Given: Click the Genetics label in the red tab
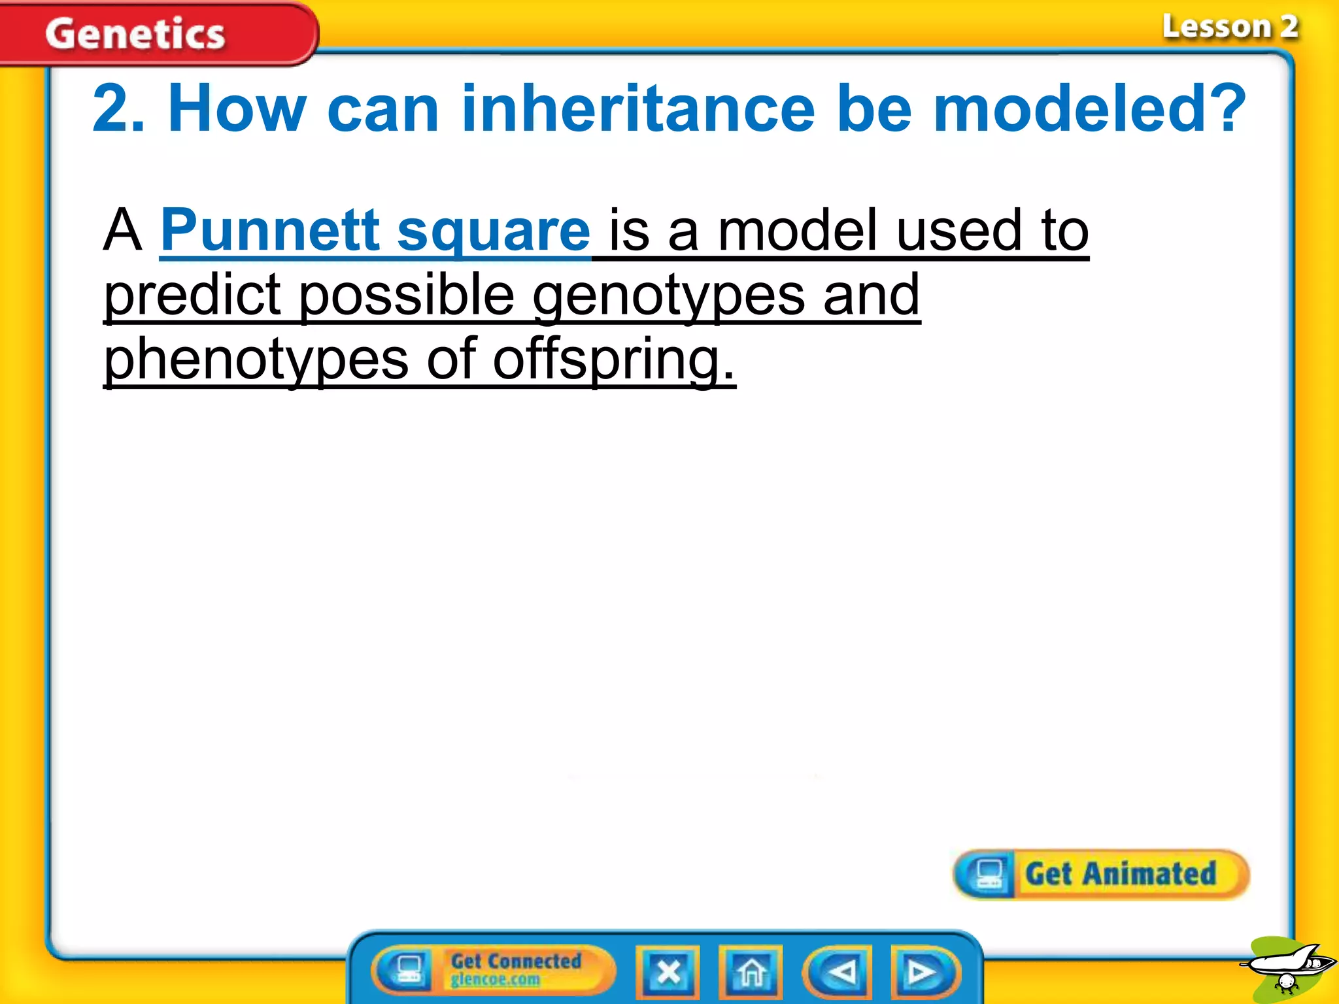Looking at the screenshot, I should point(135,34).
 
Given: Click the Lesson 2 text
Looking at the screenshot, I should point(1229,27).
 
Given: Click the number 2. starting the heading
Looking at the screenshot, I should point(118,109).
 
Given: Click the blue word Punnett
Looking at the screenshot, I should point(269,230).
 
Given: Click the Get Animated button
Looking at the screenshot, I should point(1119,874).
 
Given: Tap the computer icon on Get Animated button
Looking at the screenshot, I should point(988,874).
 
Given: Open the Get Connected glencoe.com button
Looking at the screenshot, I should point(494,970).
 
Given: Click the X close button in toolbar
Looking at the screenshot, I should point(668,972).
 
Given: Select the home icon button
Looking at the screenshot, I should point(751,972).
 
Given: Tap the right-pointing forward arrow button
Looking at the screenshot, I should point(923,972).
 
